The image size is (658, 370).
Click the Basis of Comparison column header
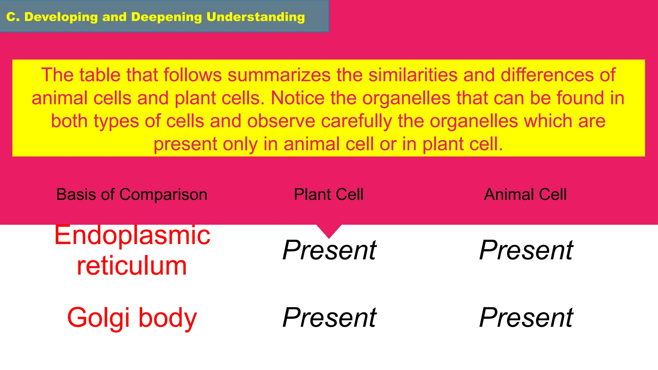click(132, 195)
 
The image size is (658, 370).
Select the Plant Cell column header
click(329, 195)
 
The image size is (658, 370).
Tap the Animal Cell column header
click(525, 195)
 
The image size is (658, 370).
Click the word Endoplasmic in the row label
click(132, 235)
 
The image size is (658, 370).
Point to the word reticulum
click(132, 266)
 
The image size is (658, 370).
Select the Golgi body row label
click(132, 318)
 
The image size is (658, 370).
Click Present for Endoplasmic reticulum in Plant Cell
click(329, 250)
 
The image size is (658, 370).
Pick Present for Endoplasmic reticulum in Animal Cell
click(526, 250)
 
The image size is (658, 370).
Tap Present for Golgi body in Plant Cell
click(329, 318)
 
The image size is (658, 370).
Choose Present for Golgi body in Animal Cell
click(526, 318)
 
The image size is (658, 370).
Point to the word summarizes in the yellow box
click(279, 75)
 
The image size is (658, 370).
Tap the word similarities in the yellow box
click(413, 75)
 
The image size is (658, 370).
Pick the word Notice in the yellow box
click(298, 98)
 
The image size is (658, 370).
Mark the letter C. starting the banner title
click(13, 17)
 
